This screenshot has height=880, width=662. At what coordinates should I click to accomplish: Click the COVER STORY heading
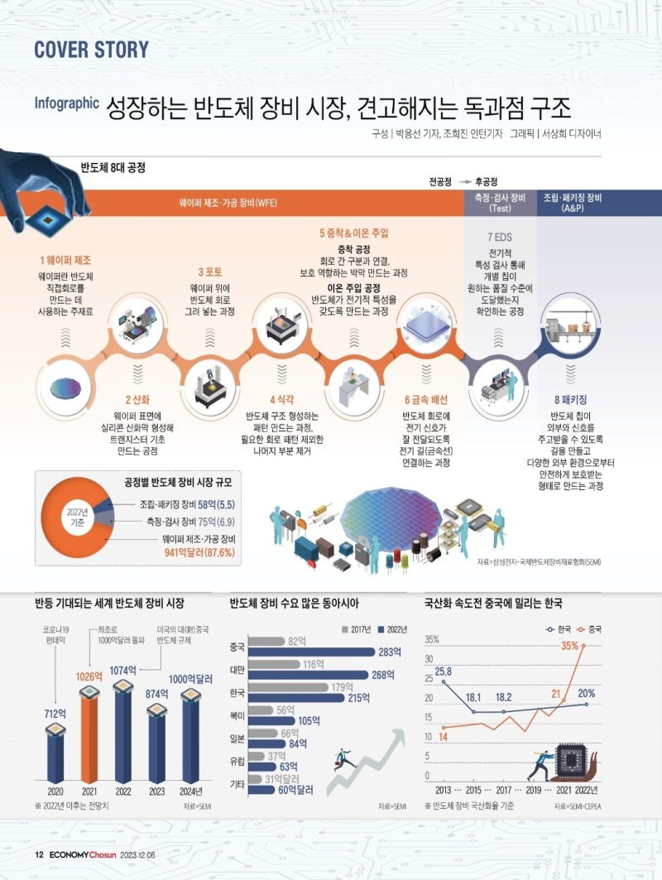click(x=92, y=49)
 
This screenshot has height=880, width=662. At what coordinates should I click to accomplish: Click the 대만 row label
click(x=237, y=668)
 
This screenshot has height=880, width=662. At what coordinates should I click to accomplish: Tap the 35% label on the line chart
click(x=569, y=646)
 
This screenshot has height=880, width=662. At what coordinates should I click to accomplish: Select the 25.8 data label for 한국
click(x=443, y=671)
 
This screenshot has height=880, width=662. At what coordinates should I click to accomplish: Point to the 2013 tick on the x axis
click(x=443, y=791)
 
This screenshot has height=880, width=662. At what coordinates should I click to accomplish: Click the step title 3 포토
click(x=209, y=272)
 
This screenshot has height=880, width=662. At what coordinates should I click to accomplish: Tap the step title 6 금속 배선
click(x=425, y=399)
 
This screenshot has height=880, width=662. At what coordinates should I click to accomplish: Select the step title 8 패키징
click(x=569, y=399)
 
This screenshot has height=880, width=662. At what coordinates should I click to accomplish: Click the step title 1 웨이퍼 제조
click(x=65, y=260)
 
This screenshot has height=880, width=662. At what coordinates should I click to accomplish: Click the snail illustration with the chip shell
click(x=570, y=762)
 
